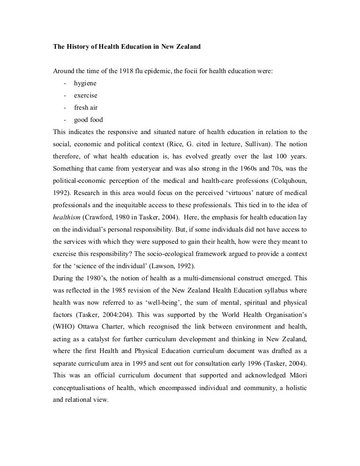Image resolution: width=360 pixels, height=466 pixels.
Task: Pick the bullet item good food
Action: (89, 120)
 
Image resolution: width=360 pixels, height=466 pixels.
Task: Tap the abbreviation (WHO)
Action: (64, 327)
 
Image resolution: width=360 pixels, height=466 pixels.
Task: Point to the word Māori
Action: (295, 376)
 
